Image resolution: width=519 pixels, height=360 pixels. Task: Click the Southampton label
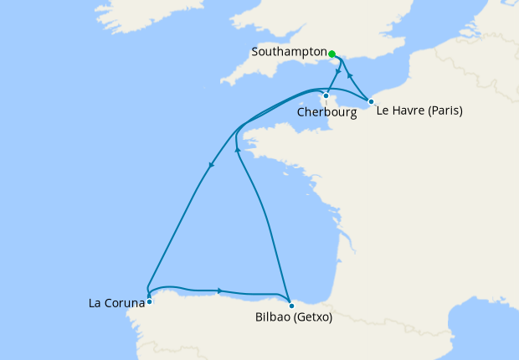point(288,52)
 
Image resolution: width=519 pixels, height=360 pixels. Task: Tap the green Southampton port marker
point(332,54)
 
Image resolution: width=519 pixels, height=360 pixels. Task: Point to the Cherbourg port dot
point(326,95)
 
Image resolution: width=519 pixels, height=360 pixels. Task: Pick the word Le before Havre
point(383,111)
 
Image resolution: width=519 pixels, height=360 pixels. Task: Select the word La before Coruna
point(95,302)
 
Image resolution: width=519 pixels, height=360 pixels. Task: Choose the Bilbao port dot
point(290,305)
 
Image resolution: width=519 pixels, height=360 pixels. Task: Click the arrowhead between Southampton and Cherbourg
point(337,71)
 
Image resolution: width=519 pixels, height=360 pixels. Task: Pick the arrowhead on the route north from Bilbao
point(238,149)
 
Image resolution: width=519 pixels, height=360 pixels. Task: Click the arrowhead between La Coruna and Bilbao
point(219,291)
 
